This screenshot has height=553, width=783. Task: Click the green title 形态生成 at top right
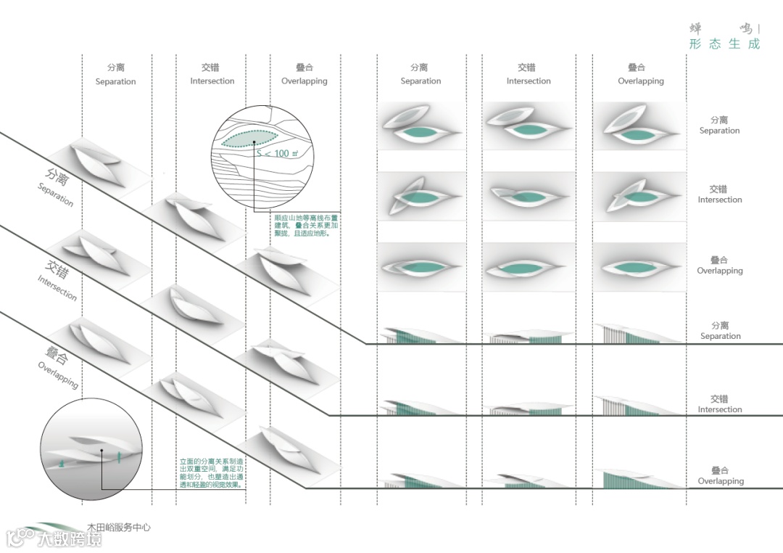[724, 44]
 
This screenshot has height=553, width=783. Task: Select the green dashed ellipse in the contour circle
[251, 136]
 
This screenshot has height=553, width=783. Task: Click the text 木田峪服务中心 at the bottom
[119, 528]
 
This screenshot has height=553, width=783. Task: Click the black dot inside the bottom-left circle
[102, 451]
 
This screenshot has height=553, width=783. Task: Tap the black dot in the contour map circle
[254, 142]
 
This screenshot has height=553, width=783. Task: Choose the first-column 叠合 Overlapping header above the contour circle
[304, 74]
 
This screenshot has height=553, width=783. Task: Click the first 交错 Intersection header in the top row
[212, 74]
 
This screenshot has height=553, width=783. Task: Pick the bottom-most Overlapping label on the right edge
[720, 475]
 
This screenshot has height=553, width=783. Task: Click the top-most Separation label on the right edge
[719, 125]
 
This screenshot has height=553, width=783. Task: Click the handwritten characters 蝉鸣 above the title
[722, 28]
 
